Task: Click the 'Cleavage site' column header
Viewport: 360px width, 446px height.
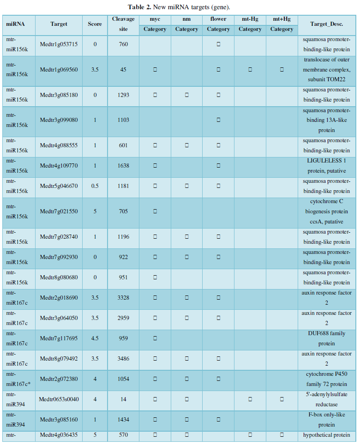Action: (x=123, y=24)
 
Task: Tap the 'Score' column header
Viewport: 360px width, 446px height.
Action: (x=95, y=24)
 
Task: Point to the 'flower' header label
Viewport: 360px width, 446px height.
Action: (x=218, y=19)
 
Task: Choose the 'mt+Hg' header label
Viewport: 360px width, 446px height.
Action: (x=282, y=19)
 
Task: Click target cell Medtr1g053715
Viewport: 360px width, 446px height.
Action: (x=59, y=44)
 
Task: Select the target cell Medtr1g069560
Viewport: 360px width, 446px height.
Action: (x=59, y=70)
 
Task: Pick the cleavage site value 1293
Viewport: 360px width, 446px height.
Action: (x=123, y=95)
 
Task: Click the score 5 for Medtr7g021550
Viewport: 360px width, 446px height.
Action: (x=95, y=212)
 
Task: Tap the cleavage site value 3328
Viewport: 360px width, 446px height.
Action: (x=123, y=298)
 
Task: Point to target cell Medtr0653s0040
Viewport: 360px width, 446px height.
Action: (x=59, y=399)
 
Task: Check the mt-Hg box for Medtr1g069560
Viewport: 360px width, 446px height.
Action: (x=250, y=70)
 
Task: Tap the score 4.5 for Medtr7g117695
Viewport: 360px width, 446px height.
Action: (x=95, y=338)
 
